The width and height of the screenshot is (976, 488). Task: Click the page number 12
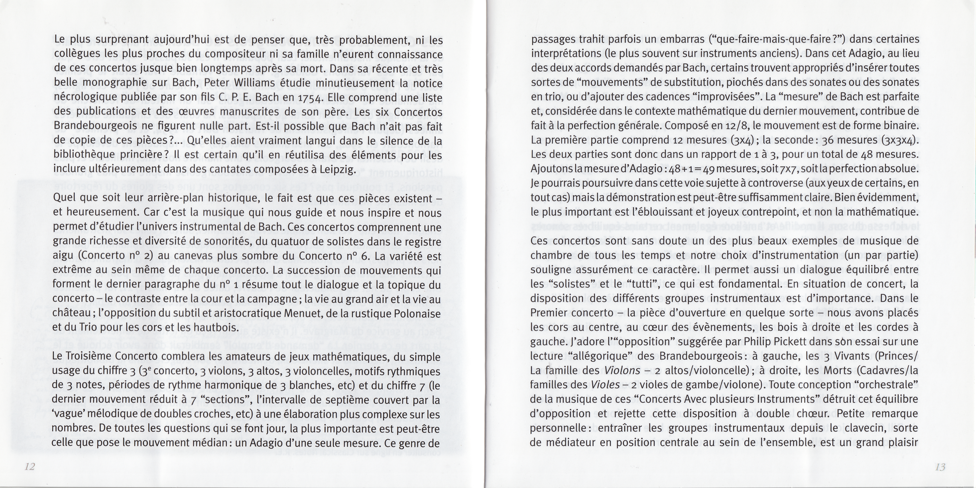[30, 467]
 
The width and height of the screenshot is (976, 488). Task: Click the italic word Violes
[605, 385]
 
